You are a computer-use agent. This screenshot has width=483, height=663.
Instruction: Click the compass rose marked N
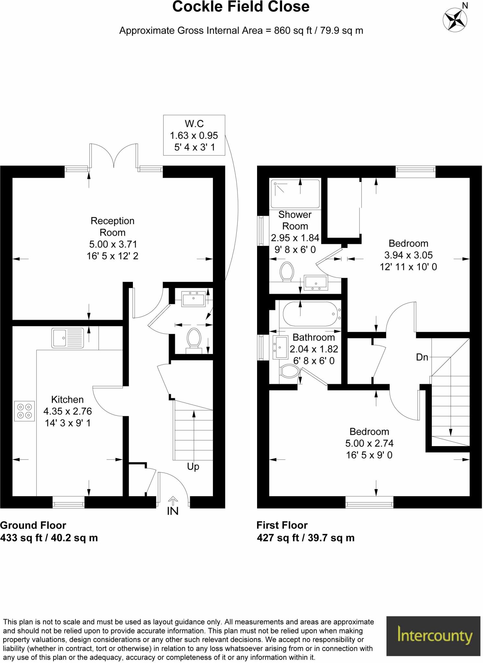455,19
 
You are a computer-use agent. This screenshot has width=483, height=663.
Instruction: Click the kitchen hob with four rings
24,411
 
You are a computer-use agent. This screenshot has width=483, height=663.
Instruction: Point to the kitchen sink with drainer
67,338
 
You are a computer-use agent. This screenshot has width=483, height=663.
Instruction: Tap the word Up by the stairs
193,466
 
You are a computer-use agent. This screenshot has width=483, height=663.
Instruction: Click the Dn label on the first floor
422,357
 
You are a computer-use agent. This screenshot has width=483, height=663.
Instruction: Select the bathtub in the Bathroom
311,314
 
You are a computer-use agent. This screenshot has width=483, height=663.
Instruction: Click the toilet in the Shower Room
287,271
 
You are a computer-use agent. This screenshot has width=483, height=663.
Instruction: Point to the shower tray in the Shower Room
295,194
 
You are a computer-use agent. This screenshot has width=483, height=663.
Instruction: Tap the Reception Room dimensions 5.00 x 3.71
113,244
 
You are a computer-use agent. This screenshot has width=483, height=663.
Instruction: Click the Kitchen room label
67,399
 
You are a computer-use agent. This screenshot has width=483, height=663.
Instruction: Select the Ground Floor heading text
33,525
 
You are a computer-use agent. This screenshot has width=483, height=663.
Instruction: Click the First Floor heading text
282,525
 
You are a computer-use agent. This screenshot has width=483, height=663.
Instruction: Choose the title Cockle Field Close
241,7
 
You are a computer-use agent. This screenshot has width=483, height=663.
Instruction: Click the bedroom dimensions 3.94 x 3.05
408,255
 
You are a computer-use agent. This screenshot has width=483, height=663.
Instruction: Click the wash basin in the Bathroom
281,347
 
